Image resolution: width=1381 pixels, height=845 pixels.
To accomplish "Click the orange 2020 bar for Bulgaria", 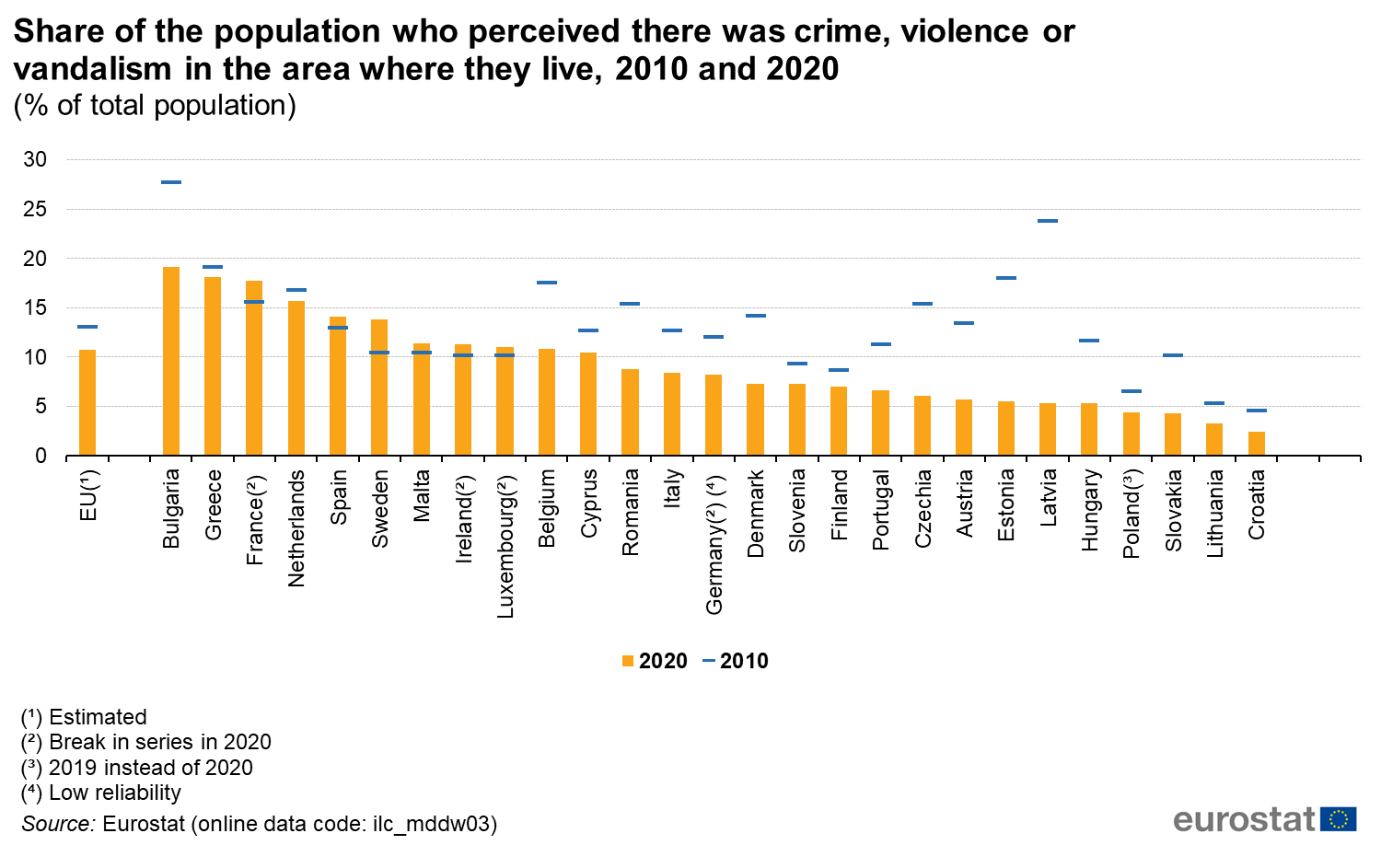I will coord(171,361).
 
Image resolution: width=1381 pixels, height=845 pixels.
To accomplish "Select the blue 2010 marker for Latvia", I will coord(1048,221).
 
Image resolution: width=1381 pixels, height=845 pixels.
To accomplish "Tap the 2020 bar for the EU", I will coord(87,402).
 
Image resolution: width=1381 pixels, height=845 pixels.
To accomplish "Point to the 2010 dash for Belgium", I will coord(547,283).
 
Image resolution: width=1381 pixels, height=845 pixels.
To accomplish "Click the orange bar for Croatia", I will coord(1257,443).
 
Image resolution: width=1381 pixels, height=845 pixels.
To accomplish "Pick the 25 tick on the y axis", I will coord(35,209).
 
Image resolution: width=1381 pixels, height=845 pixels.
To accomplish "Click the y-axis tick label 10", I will coord(35,357).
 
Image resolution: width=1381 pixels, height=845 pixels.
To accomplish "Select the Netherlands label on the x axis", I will coord(296,528).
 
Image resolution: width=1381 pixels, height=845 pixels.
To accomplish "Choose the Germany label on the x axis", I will coord(714,544).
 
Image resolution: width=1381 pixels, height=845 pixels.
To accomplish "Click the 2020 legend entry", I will coord(655,661).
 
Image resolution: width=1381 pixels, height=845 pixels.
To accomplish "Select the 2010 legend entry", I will coord(736,661).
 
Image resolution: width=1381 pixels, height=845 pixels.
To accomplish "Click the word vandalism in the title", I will coord(92,69).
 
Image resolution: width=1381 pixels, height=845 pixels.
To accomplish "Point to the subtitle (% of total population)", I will coord(155,106).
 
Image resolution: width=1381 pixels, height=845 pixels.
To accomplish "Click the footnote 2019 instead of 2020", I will coord(137,768).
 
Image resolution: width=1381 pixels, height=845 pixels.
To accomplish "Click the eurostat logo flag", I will coord(1338,818).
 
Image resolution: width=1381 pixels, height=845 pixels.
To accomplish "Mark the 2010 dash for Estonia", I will coord(1006,278).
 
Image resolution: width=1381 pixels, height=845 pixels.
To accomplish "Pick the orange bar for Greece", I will coord(213,365).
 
